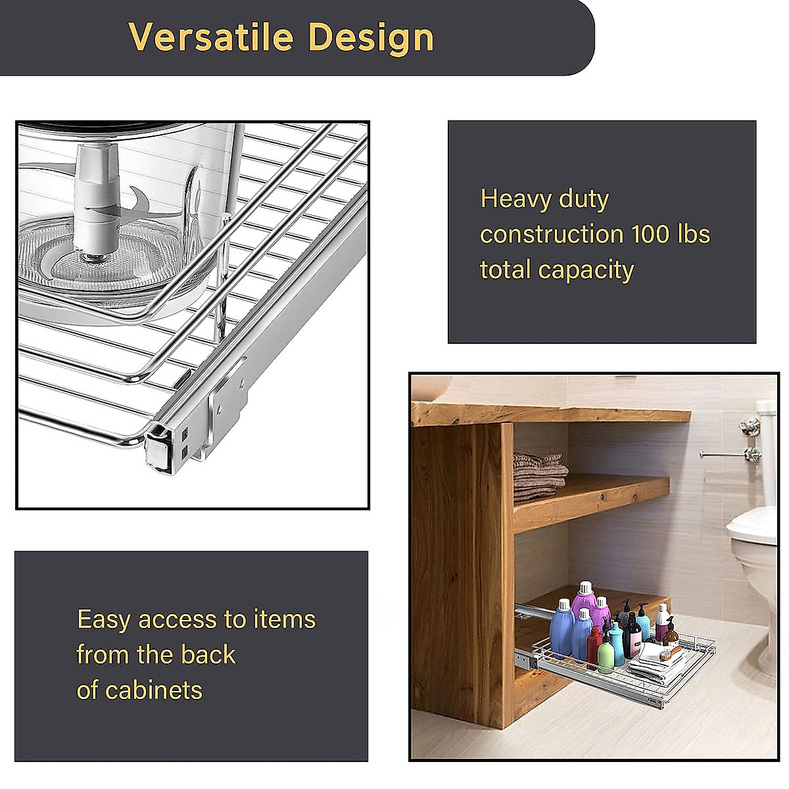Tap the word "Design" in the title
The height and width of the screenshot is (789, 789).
click(x=371, y=38)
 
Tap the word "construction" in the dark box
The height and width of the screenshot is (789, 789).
click(x=551, y=235)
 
